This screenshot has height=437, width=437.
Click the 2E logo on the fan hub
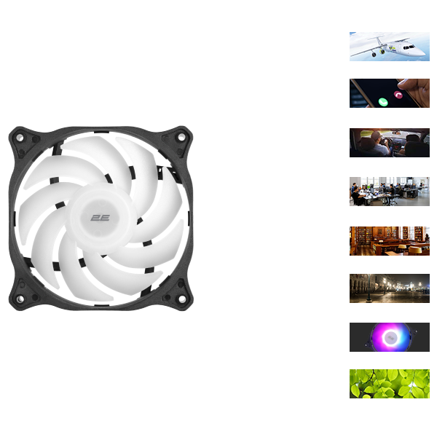click(x=100, y=218)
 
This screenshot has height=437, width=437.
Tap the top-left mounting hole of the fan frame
click(x=20, y=137)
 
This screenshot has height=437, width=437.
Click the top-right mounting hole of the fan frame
click(x=181, y=137)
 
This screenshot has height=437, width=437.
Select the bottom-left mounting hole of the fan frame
click(x=20, y=299)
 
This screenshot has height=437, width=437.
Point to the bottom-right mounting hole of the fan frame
click(x=181, y=299)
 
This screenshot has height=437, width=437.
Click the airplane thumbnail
click(x=390, y=47)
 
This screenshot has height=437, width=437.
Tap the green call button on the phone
click(x=383, y=102)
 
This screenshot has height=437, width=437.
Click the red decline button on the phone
click(x=398, y=95)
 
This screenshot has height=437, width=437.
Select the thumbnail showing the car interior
click(x=390, y=143)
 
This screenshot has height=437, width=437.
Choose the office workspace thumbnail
click(x=390, y=192)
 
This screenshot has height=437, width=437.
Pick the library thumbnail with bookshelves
click(x=390, y=241)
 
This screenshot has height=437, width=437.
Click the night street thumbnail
click(x=390, y=288)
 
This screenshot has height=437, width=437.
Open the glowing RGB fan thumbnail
click(x=390, y=337)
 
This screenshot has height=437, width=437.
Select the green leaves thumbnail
click(x=390, y=384)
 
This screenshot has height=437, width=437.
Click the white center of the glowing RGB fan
click(x=390, y=338)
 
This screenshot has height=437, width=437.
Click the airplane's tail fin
click(x=379, y=40)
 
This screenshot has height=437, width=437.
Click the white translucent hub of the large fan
click(x=103, y=218)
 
